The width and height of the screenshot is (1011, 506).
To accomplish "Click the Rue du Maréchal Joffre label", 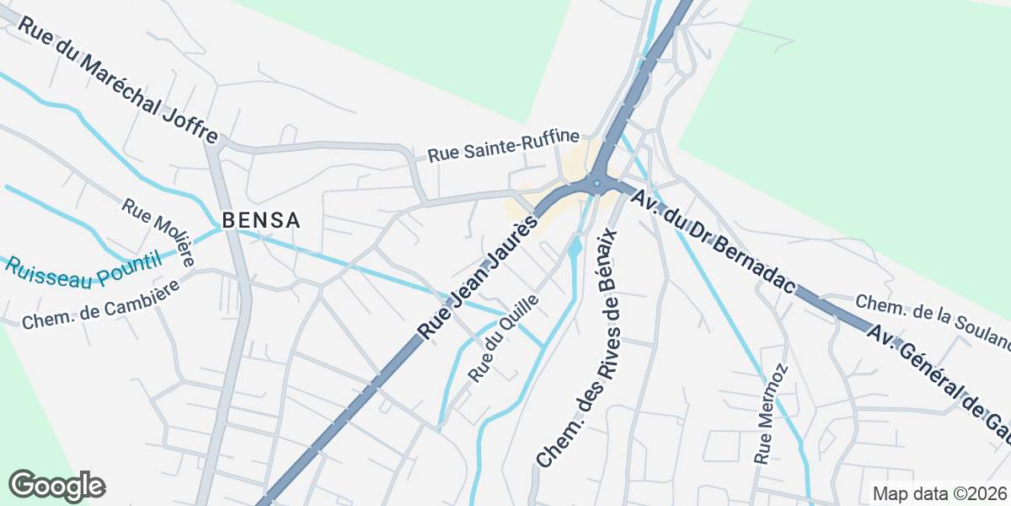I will [x=117, y=79].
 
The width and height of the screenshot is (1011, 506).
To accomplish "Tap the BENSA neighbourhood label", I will [x=260, y=221].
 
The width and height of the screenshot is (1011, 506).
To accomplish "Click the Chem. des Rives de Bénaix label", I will [x=579, y=346].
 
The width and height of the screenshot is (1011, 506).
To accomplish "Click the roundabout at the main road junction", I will [x=596, y=183].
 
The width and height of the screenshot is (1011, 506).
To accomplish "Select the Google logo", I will [x=56, y=486].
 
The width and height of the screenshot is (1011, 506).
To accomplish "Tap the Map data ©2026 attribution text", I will [x=939, y=493].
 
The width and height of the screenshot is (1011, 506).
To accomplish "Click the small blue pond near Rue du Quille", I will [x=575, y=248].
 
